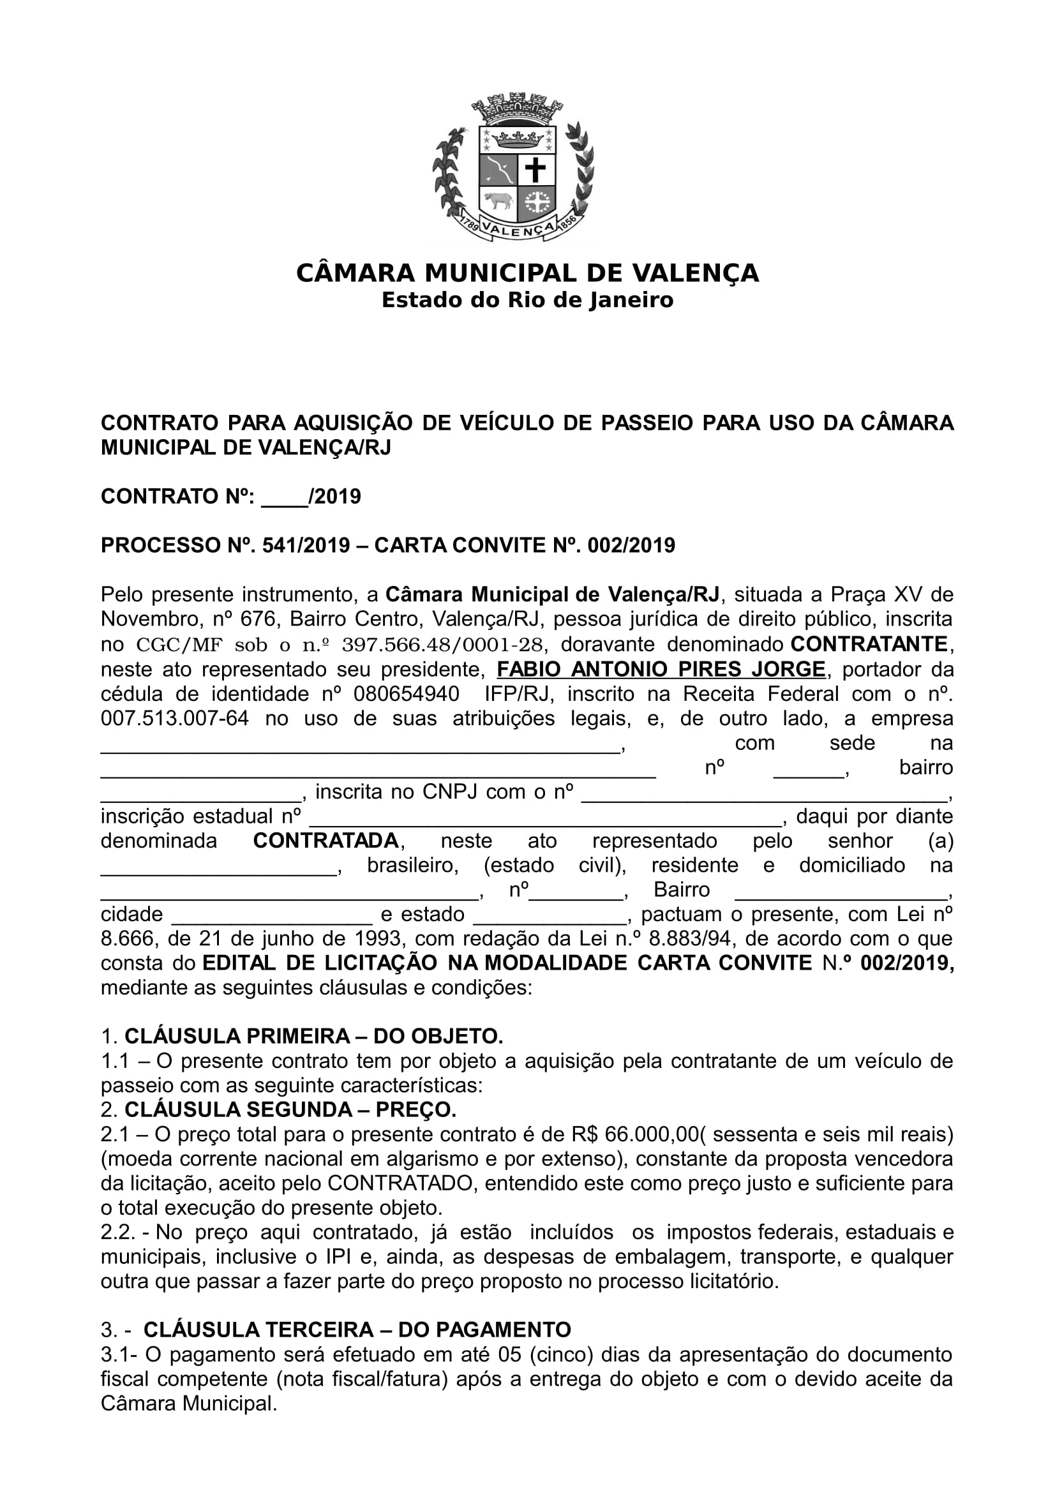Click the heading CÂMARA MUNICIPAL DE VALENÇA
click(x=527, y=273)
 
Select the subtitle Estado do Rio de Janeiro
click(x=527, y=301)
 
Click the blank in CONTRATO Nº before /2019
click(x=284, y=497)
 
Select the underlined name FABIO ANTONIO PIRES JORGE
click(x=661, y=669)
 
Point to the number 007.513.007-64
click(x=175, y=719)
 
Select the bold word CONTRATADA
click(x=325, y=841)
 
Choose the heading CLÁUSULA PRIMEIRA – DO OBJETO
click(x=313, y=1036)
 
